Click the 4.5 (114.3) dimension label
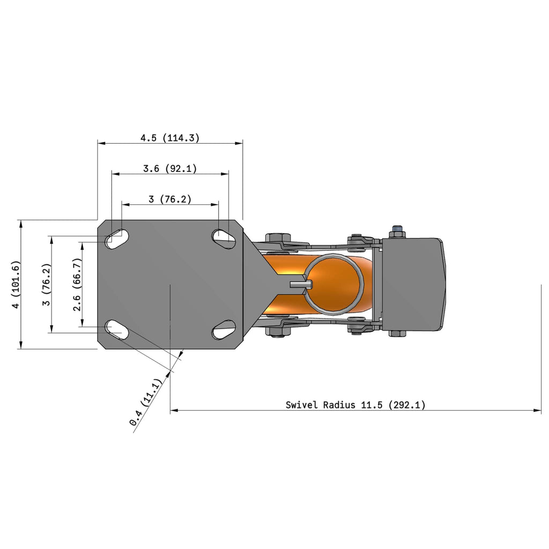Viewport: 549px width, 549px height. pyautogui.click(x=170, y=138)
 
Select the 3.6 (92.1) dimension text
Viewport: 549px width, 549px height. pyautogui.click(x=170, y=169)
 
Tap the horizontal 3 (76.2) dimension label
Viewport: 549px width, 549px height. pyautogui.click(x=170, y=199)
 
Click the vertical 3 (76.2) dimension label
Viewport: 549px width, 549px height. pyautogui.click(x=47, y=284)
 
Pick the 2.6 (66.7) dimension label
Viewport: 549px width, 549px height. pyautogui.click(x=77, y=284)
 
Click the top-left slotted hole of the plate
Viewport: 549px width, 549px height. pyautogui.click(x=117, y=239)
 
